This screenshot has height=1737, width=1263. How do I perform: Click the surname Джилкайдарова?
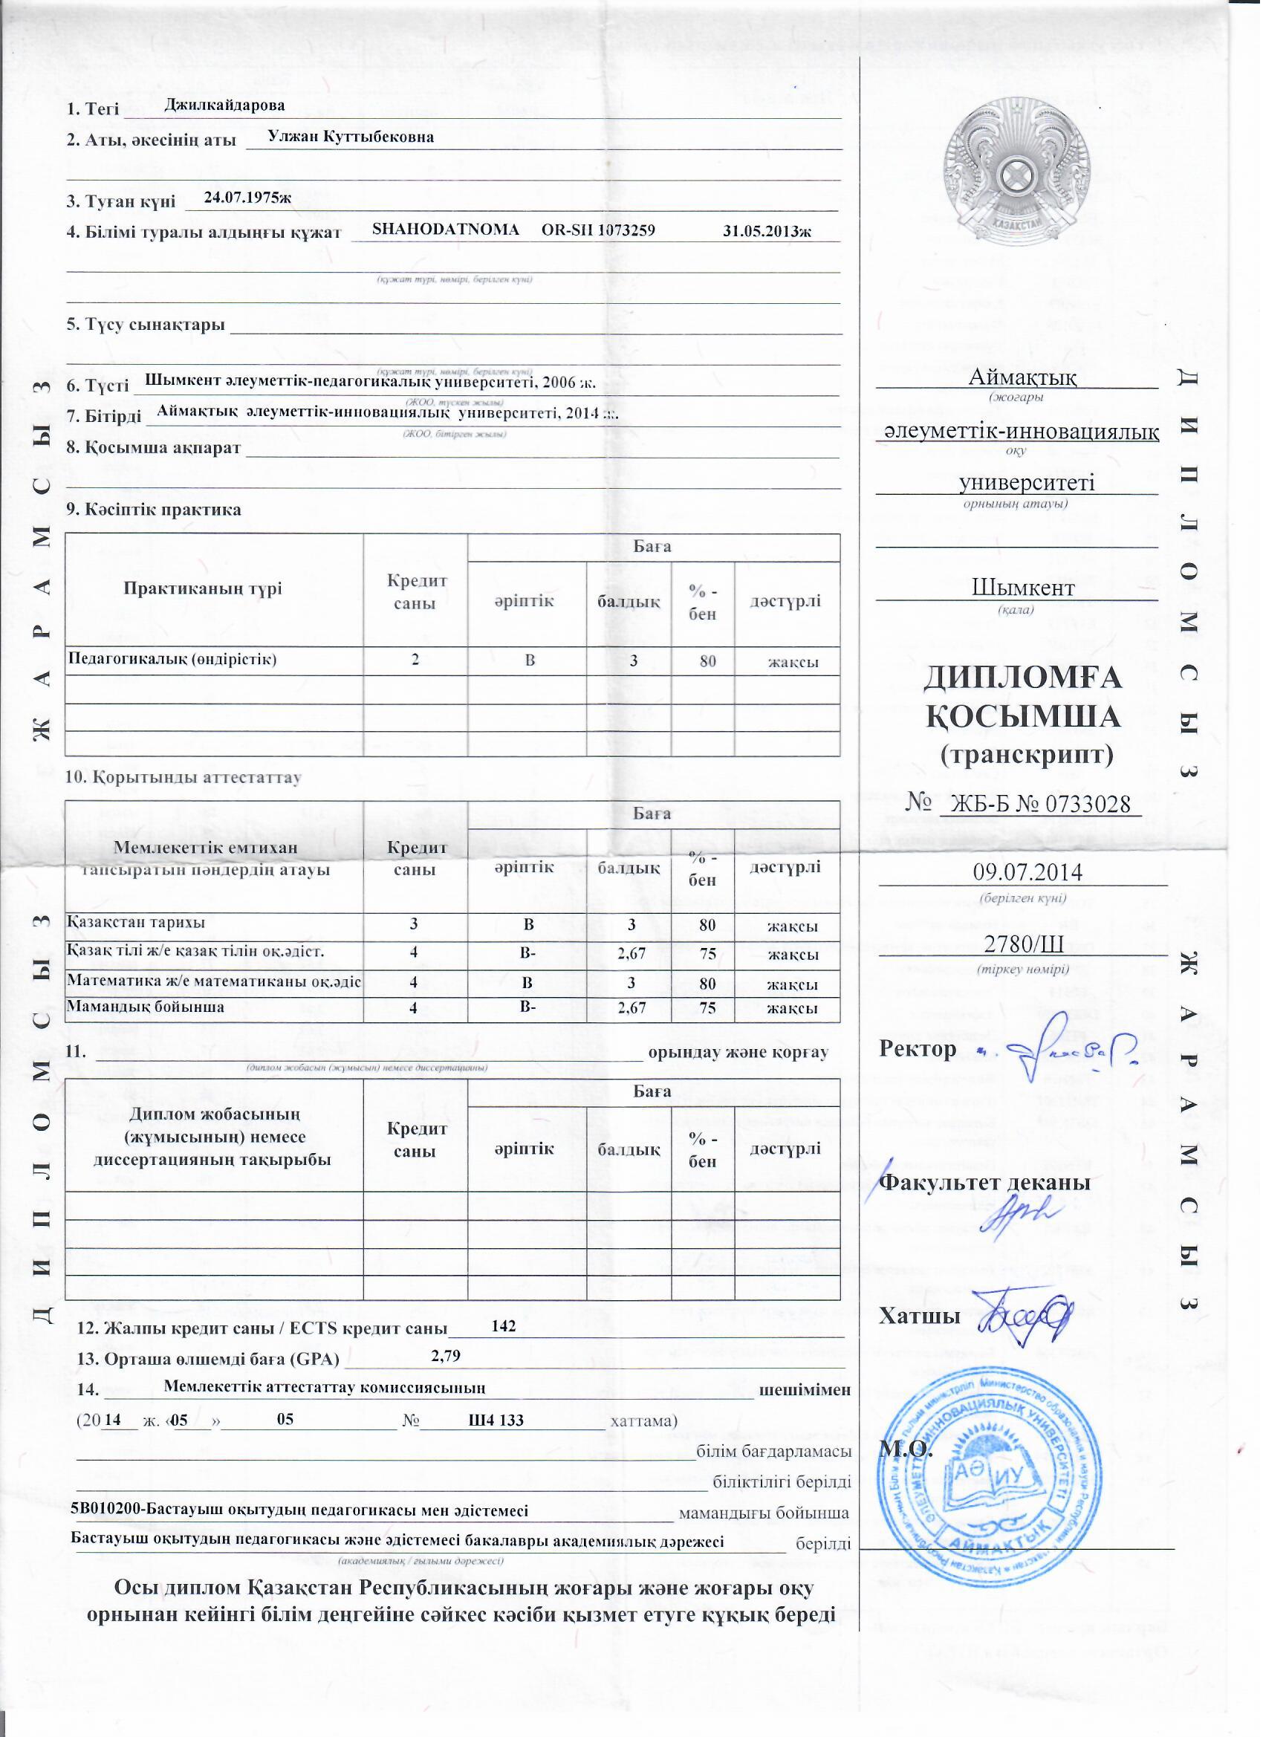pyautogui.click(x=224, y=105)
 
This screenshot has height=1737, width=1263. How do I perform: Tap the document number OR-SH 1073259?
pyautogui.click(x=598, y=230)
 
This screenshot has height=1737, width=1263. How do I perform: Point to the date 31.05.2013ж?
pyautogui.click(x=767, y=231)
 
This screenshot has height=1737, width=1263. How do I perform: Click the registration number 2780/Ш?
pyautogui.click(x=1022, y=943)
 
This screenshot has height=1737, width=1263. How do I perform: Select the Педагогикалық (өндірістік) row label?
pyautogui.click(x=172, y=660)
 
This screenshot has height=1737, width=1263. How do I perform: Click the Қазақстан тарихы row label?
pyautogui.click(x=137, y=923)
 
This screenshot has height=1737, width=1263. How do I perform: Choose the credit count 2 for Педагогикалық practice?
pyautogui.click(x=415, y=660)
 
